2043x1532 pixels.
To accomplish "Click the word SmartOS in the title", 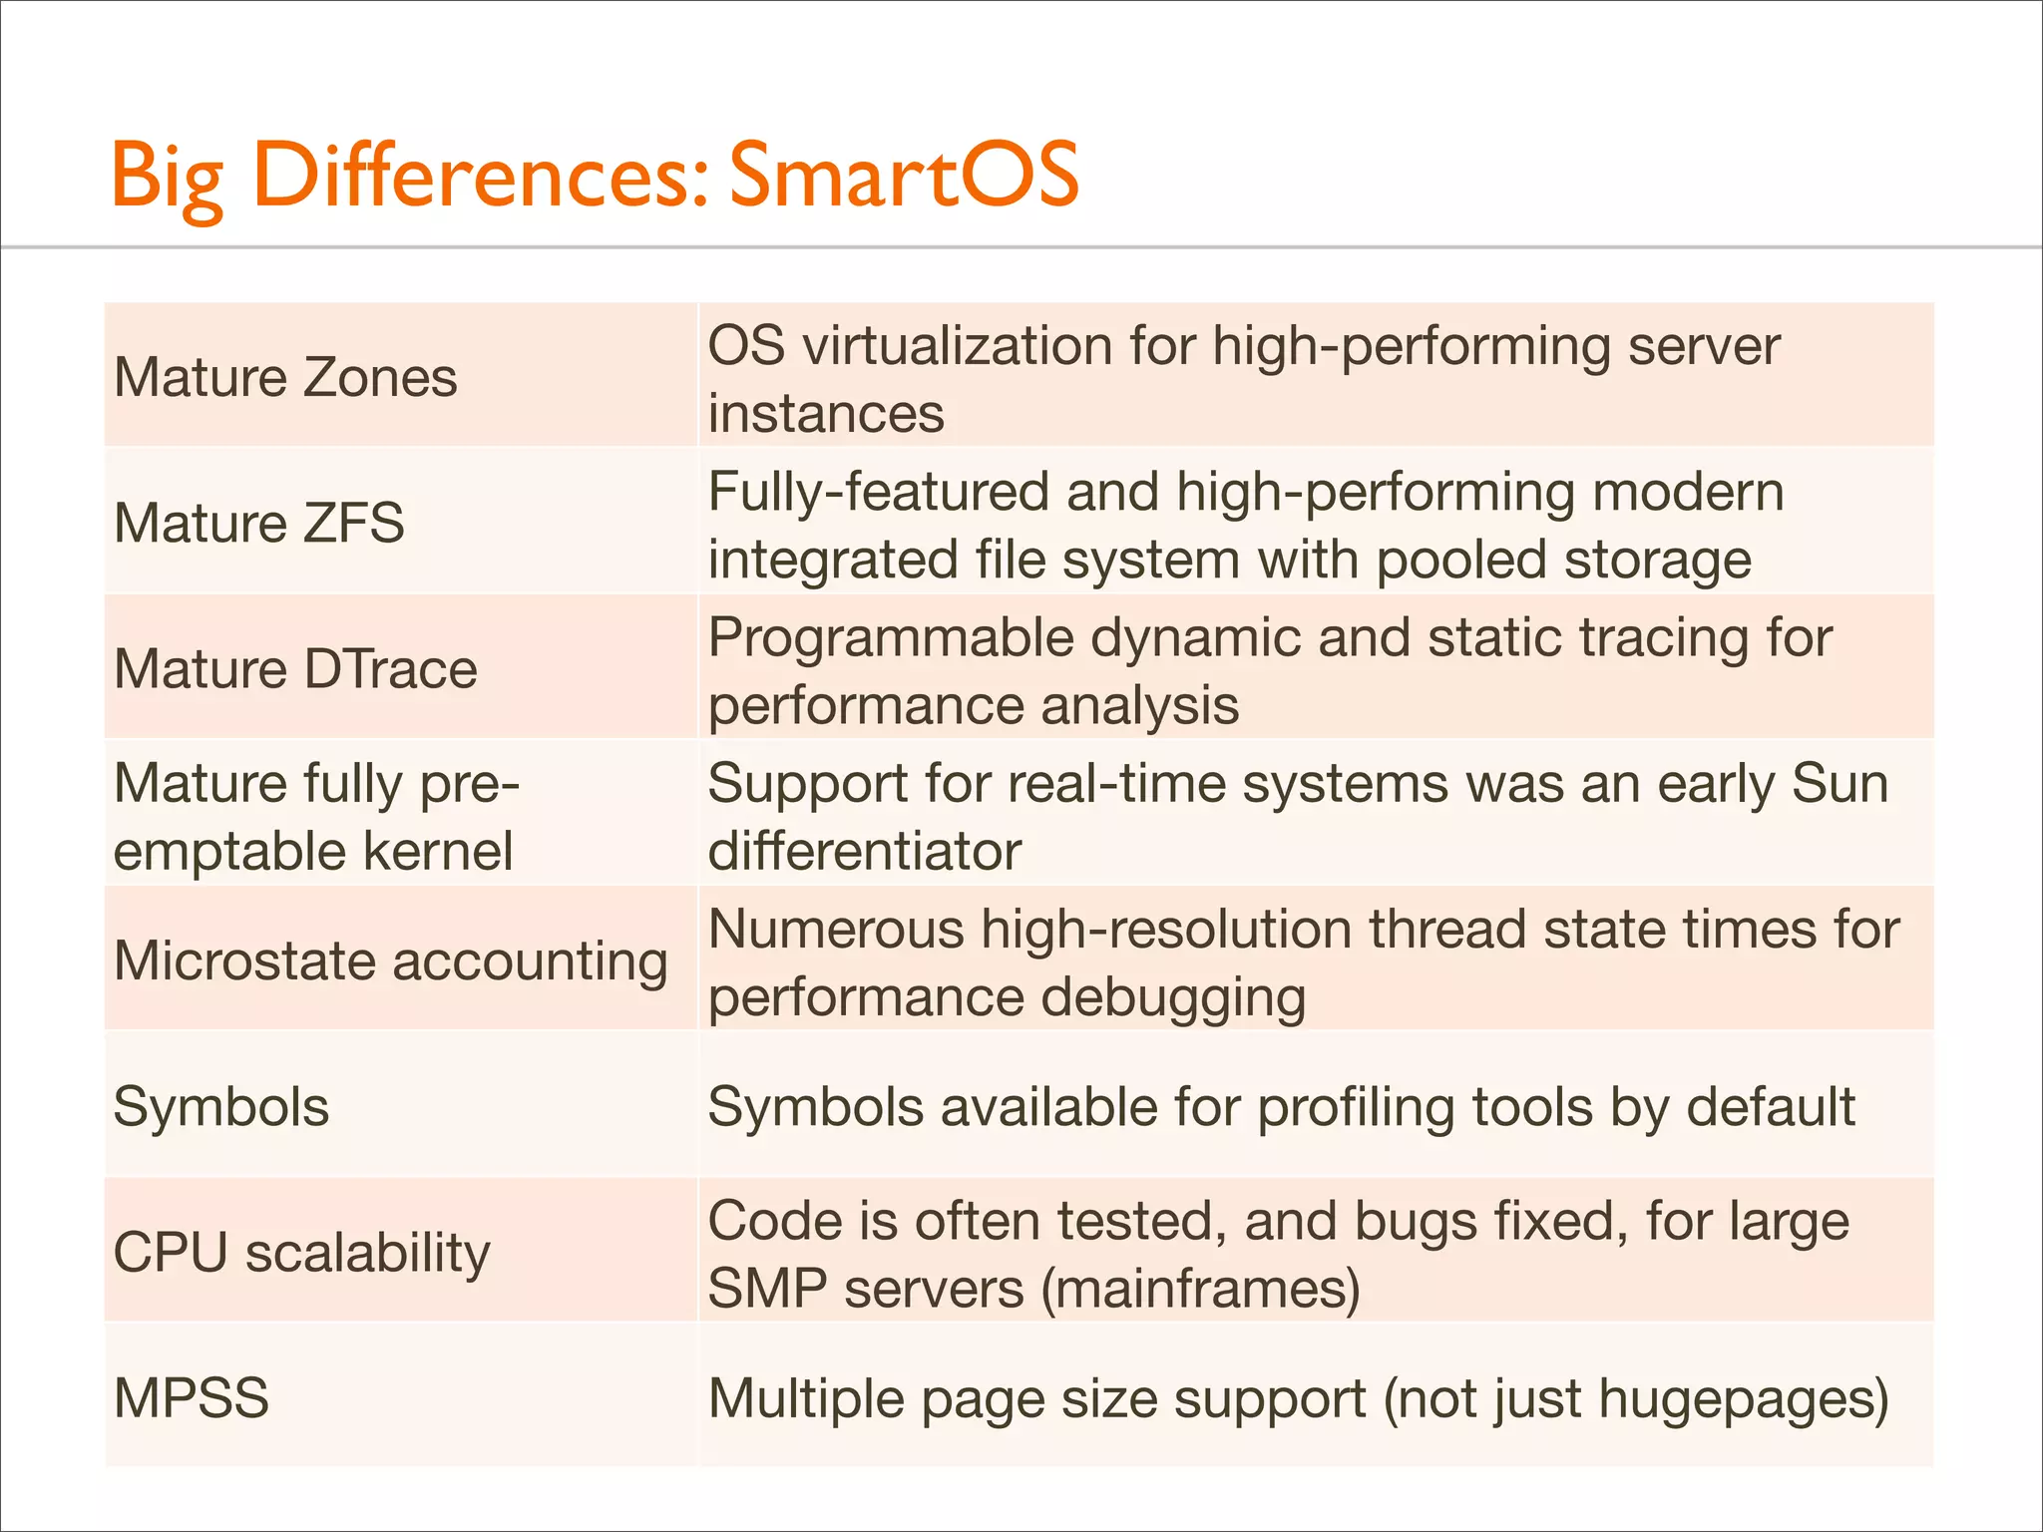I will [x=903, y=176].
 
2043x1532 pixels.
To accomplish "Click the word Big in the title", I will [x=167, y=178].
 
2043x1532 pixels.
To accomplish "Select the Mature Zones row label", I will [x=285, y=377].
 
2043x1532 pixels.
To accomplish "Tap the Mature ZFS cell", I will [x=259, y=523].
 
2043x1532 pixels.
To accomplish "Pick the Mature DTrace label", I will [x=295, y=668].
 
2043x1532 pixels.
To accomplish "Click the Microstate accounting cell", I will [x=390, y=961].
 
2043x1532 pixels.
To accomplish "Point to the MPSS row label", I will [x=192, y=1397].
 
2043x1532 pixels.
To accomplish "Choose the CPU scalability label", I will [x=301, y=1253].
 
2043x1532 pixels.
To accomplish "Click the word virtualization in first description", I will [x=958, y=346].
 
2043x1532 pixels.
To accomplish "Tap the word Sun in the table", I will [x=1839, y=783].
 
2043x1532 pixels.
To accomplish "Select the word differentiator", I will [x=864, y=852].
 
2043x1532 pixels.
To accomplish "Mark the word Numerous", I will [x=836, y=929].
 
